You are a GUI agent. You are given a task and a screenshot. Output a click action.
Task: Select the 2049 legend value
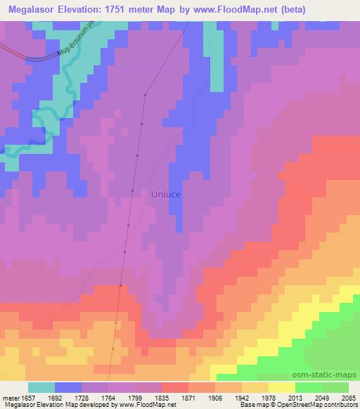pos(320,398)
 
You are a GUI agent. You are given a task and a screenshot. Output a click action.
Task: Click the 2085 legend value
pos(347,398)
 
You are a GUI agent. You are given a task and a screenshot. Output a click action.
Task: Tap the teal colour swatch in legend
pos(41,387)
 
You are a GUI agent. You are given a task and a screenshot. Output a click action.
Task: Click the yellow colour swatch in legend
pos(282,387)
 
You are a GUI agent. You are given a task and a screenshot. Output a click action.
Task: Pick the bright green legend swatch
pos(309,387)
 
